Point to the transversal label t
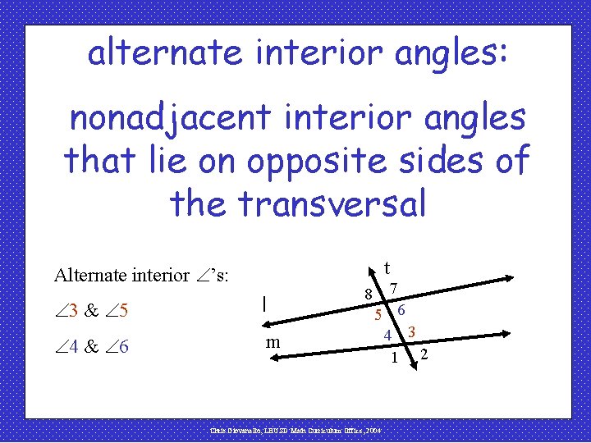point(387,267)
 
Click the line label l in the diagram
point(263,304)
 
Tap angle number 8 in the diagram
point(370,295)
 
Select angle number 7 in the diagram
point(395,289)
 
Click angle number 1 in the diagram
point(395,358)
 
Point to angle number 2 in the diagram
point(424,354)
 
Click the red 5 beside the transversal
point(378,314)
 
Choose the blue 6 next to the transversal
point(401,310)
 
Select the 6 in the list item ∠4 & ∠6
point(123,347)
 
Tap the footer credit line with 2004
point(295,429)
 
